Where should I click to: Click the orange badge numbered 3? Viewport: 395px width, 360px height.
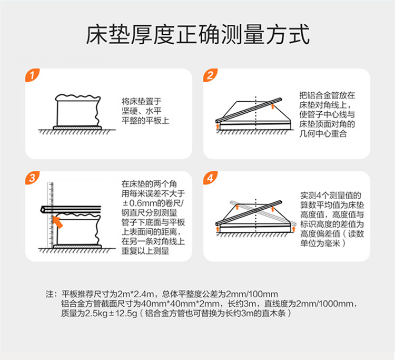(x=33, y=179)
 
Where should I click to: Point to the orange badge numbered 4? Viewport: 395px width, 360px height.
(x=211, y=179)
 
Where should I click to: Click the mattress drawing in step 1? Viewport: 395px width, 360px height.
(x=77, y=111)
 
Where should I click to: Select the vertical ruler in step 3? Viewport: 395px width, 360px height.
(x=50, y=217)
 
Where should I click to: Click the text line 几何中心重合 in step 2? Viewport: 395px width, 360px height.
(x=322, y=135)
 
